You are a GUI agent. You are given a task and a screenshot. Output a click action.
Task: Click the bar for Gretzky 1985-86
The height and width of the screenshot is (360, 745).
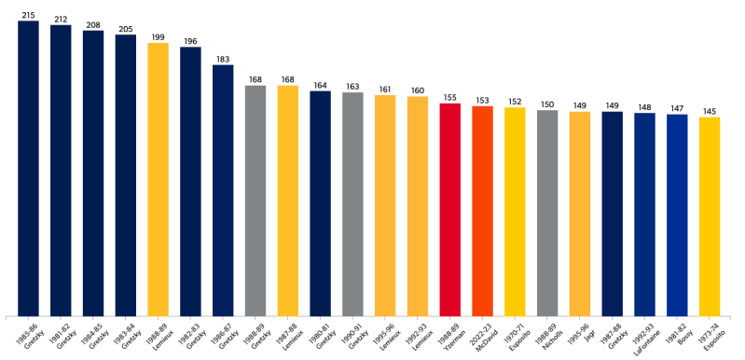pyautogui.click(x=28, y=168)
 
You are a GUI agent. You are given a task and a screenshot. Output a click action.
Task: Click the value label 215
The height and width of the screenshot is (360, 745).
pyautogui.click(x=28, y=15)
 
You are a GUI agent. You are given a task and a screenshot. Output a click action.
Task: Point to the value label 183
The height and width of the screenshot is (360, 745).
pyautogui.click(x=223, y=59)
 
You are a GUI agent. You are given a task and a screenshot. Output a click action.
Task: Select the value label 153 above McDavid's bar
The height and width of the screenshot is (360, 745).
pyautogui.click(x=483, y=100)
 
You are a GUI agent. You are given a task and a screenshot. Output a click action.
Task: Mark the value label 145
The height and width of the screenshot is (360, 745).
pyautogui.click(x=710, y=111)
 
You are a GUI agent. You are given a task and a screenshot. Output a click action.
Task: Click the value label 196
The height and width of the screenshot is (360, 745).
pyautogui.click(x=190, y=41)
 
